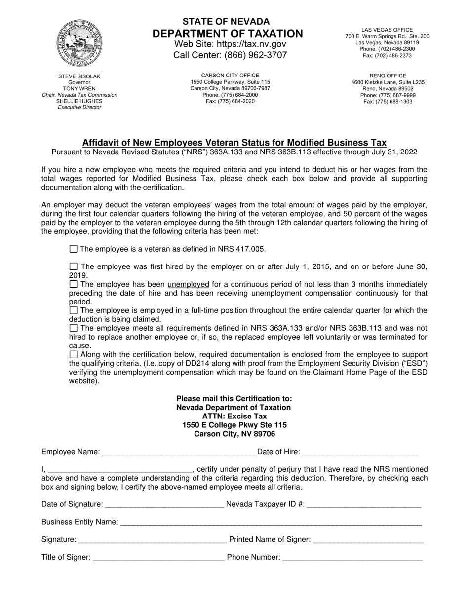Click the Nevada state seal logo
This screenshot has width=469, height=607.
[x=79, y=44]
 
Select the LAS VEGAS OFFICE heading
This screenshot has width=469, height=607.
[x=387, y=30]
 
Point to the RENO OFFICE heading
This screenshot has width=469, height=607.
[x=388, y=76]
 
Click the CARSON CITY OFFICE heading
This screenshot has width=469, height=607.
[x=230, y=76]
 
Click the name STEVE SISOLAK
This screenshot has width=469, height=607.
[x=79, y=76]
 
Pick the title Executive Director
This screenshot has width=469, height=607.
[x=79, y=107]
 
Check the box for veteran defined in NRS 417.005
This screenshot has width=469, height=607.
[x=74, y=249]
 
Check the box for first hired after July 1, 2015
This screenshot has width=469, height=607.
[x=74, y=266]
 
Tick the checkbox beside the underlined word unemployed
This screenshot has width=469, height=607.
[x=74, y=284]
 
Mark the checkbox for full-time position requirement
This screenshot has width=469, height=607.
[x=74, y=310]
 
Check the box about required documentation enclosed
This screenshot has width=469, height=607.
[x=74, y=354]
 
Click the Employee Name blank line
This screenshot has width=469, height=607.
[x=178, y=452]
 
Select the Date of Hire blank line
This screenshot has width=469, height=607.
[x=359, y=452]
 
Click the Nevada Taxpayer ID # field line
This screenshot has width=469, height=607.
[x=364, y=505]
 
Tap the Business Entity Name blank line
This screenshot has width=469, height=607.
[x=271, y=523]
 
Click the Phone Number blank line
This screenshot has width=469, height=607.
[x=352, y=558]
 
